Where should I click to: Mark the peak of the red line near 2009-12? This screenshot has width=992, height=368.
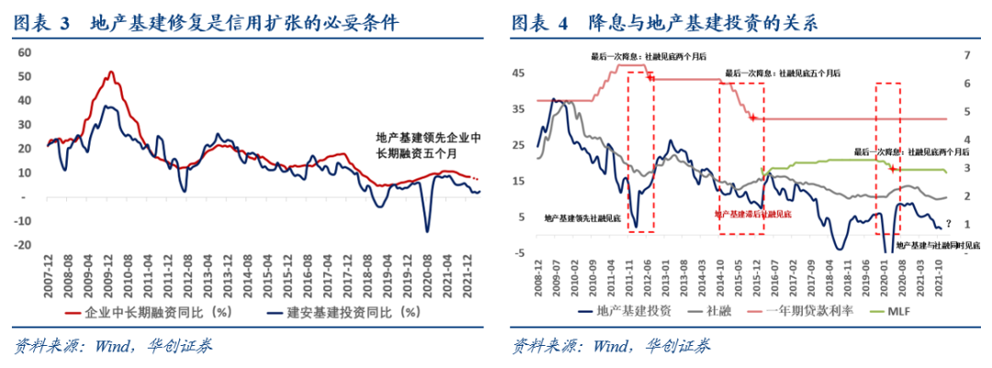111,72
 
